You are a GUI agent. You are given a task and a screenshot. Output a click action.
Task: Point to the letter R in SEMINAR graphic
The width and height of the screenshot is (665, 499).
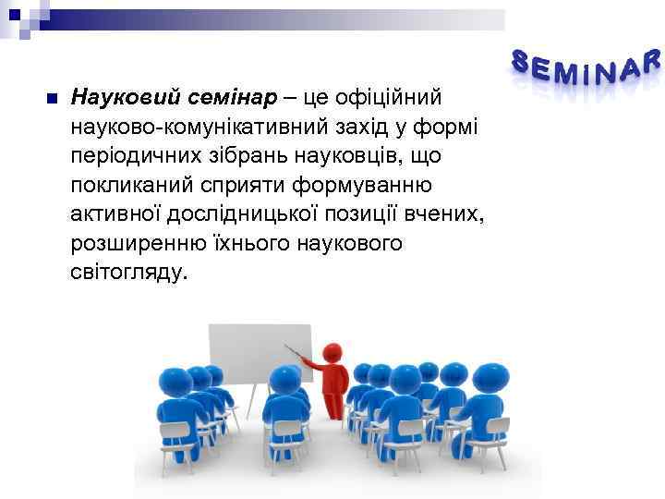click(x=652, y=61)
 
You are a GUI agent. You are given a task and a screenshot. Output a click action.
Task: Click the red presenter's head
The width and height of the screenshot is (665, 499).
click(x=332, y=352)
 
